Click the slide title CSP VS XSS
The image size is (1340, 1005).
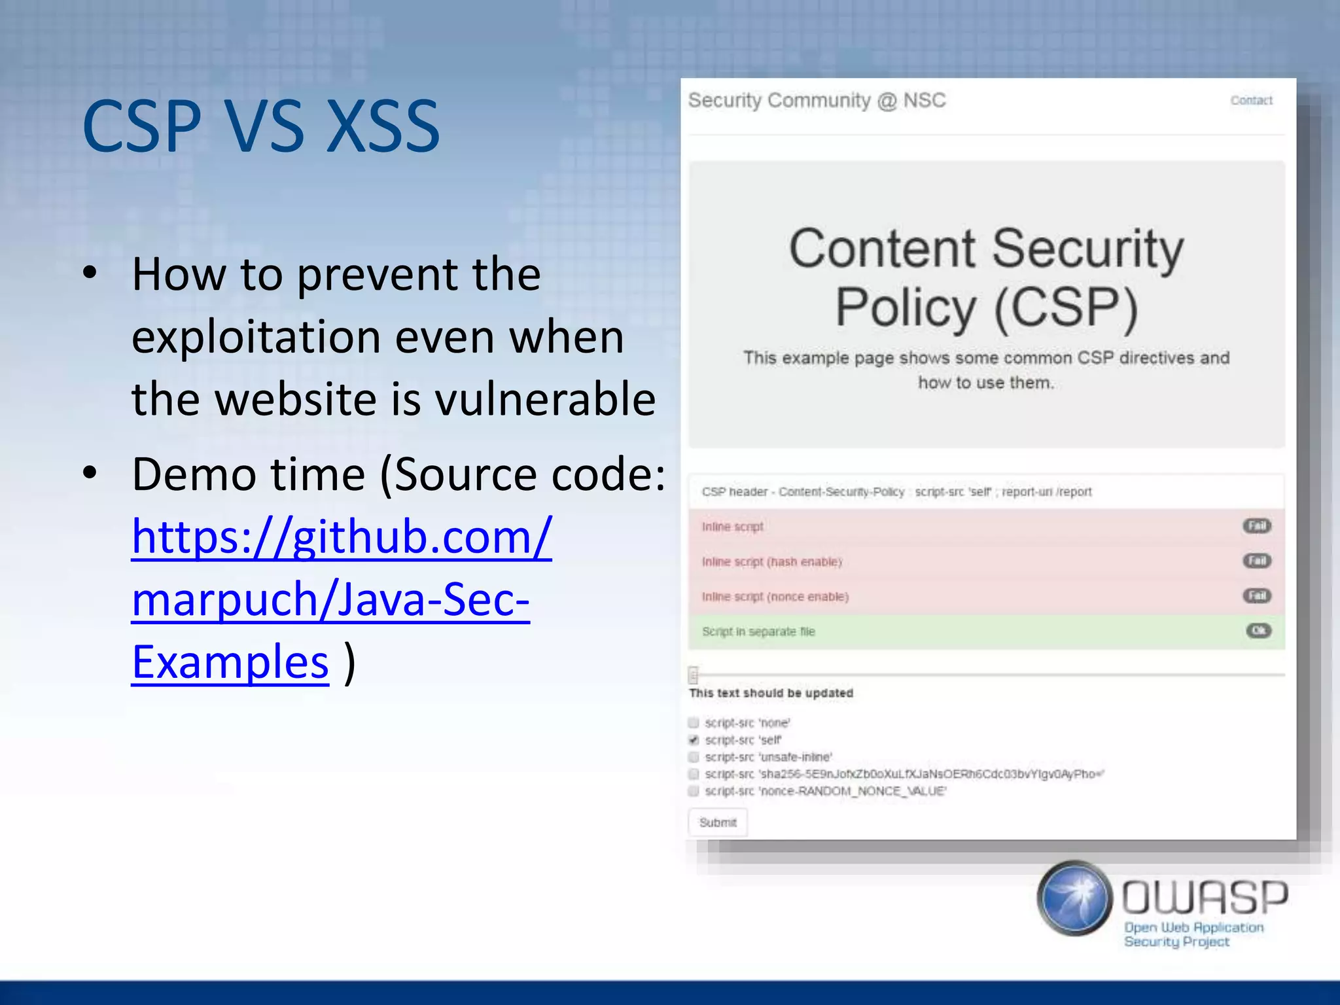(x=260, y=126)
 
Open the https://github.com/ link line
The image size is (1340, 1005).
(x=342, y=537)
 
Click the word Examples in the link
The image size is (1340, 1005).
(x=230, y=662)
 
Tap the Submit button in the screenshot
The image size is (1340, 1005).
(x=717, y=822)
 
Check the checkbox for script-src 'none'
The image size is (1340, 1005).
(x=694, y=722)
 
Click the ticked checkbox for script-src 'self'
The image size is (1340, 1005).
(x=694, y=740)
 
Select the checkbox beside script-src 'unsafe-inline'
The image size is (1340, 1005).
(x=694, y=757)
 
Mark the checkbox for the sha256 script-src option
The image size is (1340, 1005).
(x=694, y=774)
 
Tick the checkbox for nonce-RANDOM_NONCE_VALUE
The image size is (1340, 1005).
(x=694, y=791)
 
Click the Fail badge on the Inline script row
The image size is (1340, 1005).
(x=1256, y=526)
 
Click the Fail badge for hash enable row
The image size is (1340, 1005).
(x=1256, y=561)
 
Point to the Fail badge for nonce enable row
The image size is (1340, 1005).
(x=1256, y=595)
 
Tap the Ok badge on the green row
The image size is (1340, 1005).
(x=1258, y=631)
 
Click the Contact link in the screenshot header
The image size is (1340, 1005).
(x=1251, y=100)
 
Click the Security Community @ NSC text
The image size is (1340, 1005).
(x=817, y=100)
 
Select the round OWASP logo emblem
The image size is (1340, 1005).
(x=1074, y=898)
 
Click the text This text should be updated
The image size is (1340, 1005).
(x=771, y=693)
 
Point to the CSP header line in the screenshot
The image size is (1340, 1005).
(x=896, y=491)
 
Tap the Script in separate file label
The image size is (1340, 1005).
(x=758, y=631)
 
